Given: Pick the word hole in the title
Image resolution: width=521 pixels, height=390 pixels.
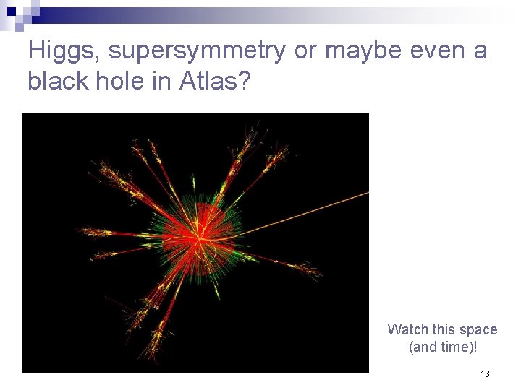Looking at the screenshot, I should coord(113,82).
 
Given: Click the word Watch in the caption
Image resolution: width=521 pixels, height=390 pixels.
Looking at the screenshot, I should coord(408,329).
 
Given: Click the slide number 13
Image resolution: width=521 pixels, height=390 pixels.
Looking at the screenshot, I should coord(485,374).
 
